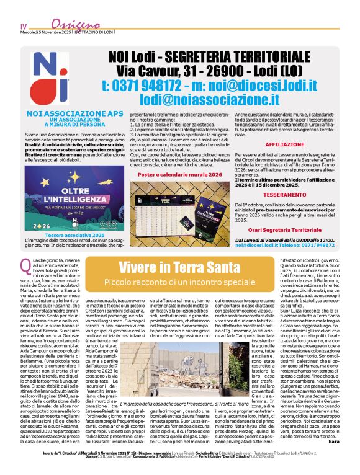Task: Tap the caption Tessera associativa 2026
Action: (58, 236)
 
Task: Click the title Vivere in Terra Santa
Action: (179, 268)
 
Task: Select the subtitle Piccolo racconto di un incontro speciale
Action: (179, 282)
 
